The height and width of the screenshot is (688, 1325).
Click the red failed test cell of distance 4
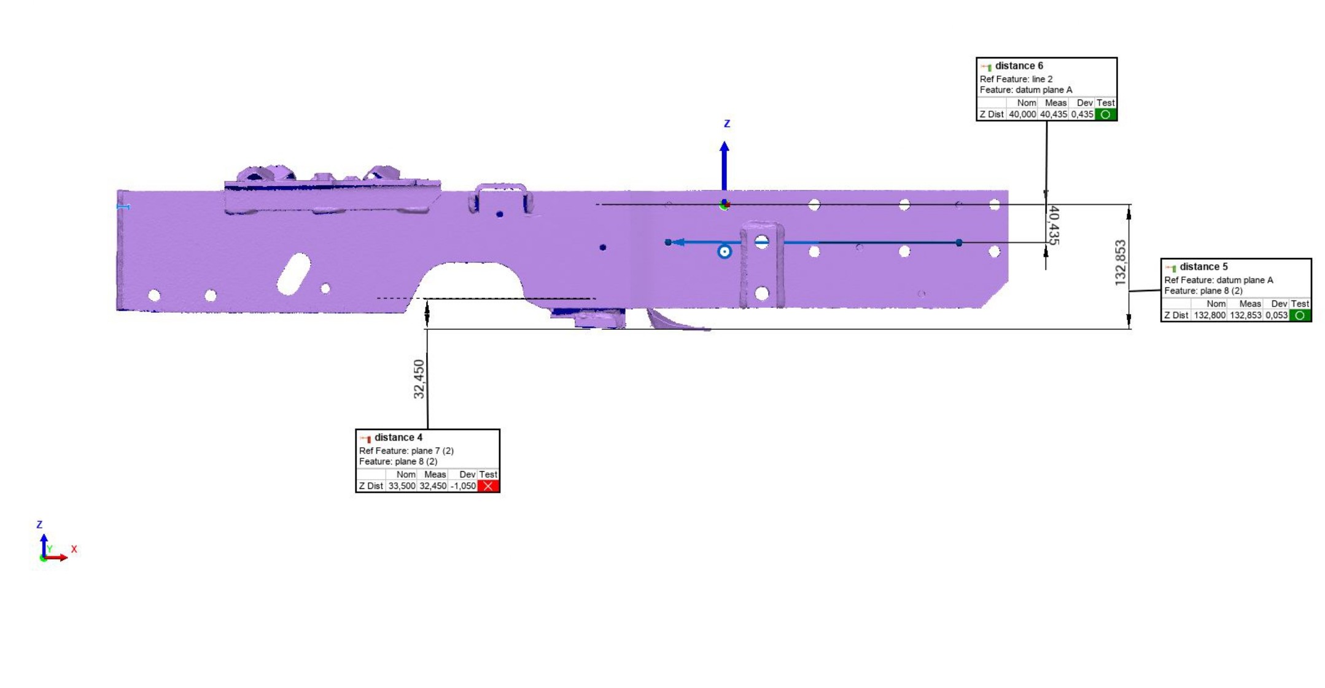[488, 486]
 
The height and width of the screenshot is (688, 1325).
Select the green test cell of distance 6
[1106, 114]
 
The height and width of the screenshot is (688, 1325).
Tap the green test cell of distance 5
[1300, 315]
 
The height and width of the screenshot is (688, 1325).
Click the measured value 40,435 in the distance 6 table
[1053, 114]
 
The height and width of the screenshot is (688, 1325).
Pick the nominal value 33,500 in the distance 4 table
[402, 486]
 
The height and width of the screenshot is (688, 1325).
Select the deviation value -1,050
[463, 486]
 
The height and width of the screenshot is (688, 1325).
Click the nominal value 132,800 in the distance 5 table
[1210, 315]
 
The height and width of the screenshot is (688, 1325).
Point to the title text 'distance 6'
[1019, 66]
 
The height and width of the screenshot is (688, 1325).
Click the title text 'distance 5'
[1203, 267]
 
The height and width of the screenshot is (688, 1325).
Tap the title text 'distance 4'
[398, 437]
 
